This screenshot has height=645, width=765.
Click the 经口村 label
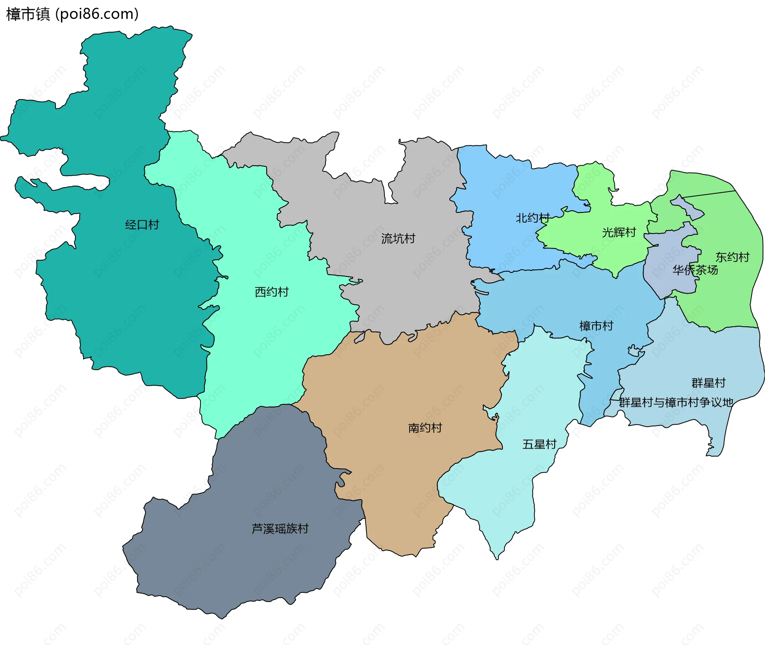142,225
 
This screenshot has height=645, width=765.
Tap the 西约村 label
271,292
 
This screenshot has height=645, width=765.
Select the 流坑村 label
398,239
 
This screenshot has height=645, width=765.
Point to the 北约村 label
532,218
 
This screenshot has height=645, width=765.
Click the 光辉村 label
619,232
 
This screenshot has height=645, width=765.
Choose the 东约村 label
732,257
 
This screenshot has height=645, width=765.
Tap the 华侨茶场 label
695,270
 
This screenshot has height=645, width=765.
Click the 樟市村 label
596,326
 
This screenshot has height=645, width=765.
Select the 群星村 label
708,383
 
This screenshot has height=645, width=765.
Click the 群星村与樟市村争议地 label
676,402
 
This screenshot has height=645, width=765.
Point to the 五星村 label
539,444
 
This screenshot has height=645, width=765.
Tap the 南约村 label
425,428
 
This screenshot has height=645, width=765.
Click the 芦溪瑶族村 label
280,529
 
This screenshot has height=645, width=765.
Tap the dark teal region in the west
120,299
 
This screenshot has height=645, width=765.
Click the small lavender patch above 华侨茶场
687,207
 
